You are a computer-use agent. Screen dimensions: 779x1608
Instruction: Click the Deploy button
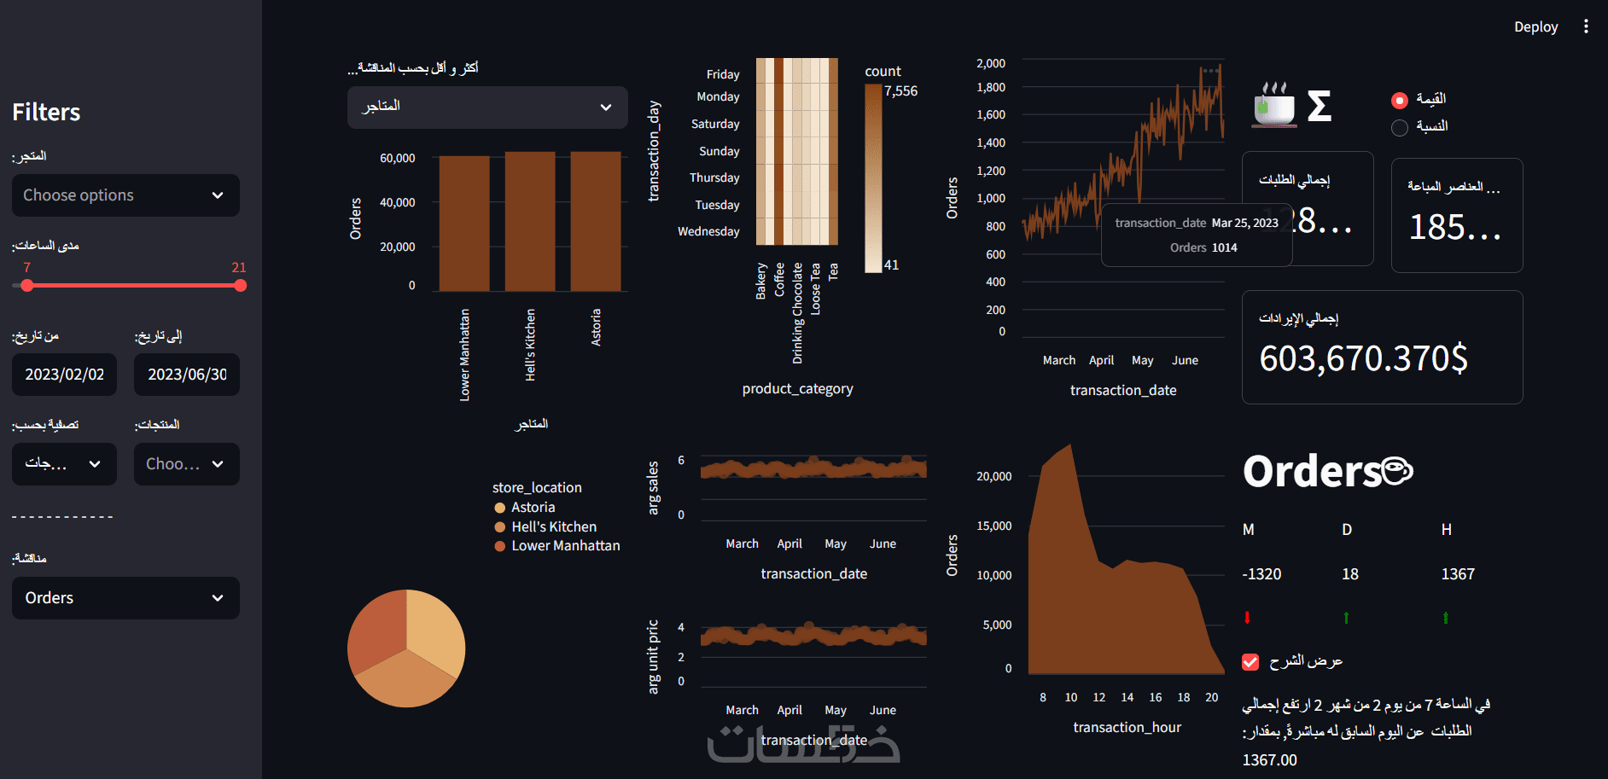tap(1535, 27)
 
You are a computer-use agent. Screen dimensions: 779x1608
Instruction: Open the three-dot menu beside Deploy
tap(1586, 26)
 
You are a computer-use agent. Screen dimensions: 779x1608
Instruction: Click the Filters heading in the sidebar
tap(46, 112)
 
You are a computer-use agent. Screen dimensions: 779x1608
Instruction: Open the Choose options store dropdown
tap(125, 195)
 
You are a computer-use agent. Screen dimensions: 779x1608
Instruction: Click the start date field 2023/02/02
tap(64, 375)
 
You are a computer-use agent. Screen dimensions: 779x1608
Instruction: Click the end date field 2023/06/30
tap(187, 375)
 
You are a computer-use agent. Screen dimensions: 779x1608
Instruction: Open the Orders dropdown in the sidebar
tap(125, 598)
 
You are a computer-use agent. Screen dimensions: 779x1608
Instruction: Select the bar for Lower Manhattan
tap(464, 224)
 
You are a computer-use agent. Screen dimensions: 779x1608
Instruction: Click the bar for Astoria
tap(596, 222)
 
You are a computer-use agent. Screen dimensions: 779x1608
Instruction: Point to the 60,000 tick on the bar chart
tap(398, 159)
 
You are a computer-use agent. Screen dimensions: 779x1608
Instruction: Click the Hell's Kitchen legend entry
tap(553, 526)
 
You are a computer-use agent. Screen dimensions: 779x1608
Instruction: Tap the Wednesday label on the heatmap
tap(708, 231)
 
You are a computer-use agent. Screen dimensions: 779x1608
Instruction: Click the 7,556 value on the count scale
tap(900, 91)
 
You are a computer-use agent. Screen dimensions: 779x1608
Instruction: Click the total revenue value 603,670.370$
tap(1364, 358)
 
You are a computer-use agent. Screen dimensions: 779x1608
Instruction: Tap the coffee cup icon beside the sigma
tap(1273, 106)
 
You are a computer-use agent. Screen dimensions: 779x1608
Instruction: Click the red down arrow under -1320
tap(1247, 617)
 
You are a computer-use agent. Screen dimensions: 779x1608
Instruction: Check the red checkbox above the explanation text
tap(1250, 661)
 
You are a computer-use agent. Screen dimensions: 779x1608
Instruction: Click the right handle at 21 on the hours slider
tap(240, 286)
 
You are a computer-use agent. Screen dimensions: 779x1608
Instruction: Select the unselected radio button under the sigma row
tap(1400, 127)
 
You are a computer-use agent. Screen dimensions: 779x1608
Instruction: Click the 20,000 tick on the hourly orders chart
tap(993, 476)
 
